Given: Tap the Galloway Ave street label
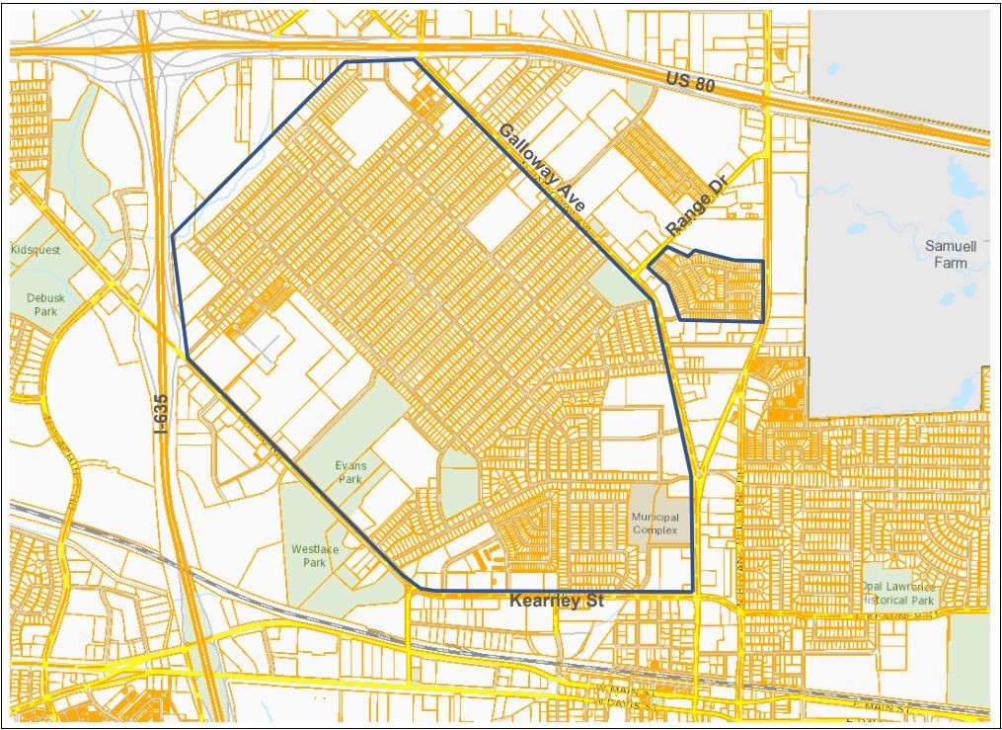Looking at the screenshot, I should [x=542, y=168].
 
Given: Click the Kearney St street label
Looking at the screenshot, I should [x=556, y=601].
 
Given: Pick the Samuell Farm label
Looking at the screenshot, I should [x=951, y=254].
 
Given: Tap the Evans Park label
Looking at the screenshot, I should [x=349, y=472].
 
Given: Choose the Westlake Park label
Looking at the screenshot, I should [x=308, y=555].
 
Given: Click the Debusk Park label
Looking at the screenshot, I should [x=41, y=304].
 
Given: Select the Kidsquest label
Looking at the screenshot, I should [x=37, y=250].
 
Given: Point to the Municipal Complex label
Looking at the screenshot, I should [x=655, y=524].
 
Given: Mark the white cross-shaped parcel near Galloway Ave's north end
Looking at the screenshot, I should [x=423, y=103].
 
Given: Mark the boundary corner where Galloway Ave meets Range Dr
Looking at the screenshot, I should [x=648, y=269].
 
